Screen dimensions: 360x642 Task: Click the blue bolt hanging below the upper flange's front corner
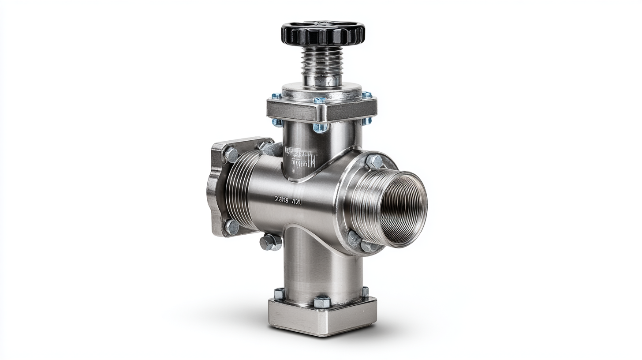(321, 127)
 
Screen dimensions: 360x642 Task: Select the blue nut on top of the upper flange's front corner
(320, 101)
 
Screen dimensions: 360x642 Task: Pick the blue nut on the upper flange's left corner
(276, 96)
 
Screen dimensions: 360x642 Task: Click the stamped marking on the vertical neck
(300, 158)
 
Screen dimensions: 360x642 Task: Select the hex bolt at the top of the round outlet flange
(374, 161)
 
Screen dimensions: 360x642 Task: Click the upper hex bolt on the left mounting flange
(231, 155)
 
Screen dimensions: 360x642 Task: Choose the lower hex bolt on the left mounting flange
(231, 227)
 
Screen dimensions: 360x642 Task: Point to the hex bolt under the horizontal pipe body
(270, 242)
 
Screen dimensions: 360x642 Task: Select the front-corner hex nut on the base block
(322, 302)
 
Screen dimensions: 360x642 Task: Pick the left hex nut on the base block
(279, 293)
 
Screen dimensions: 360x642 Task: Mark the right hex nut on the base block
(365, 292)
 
